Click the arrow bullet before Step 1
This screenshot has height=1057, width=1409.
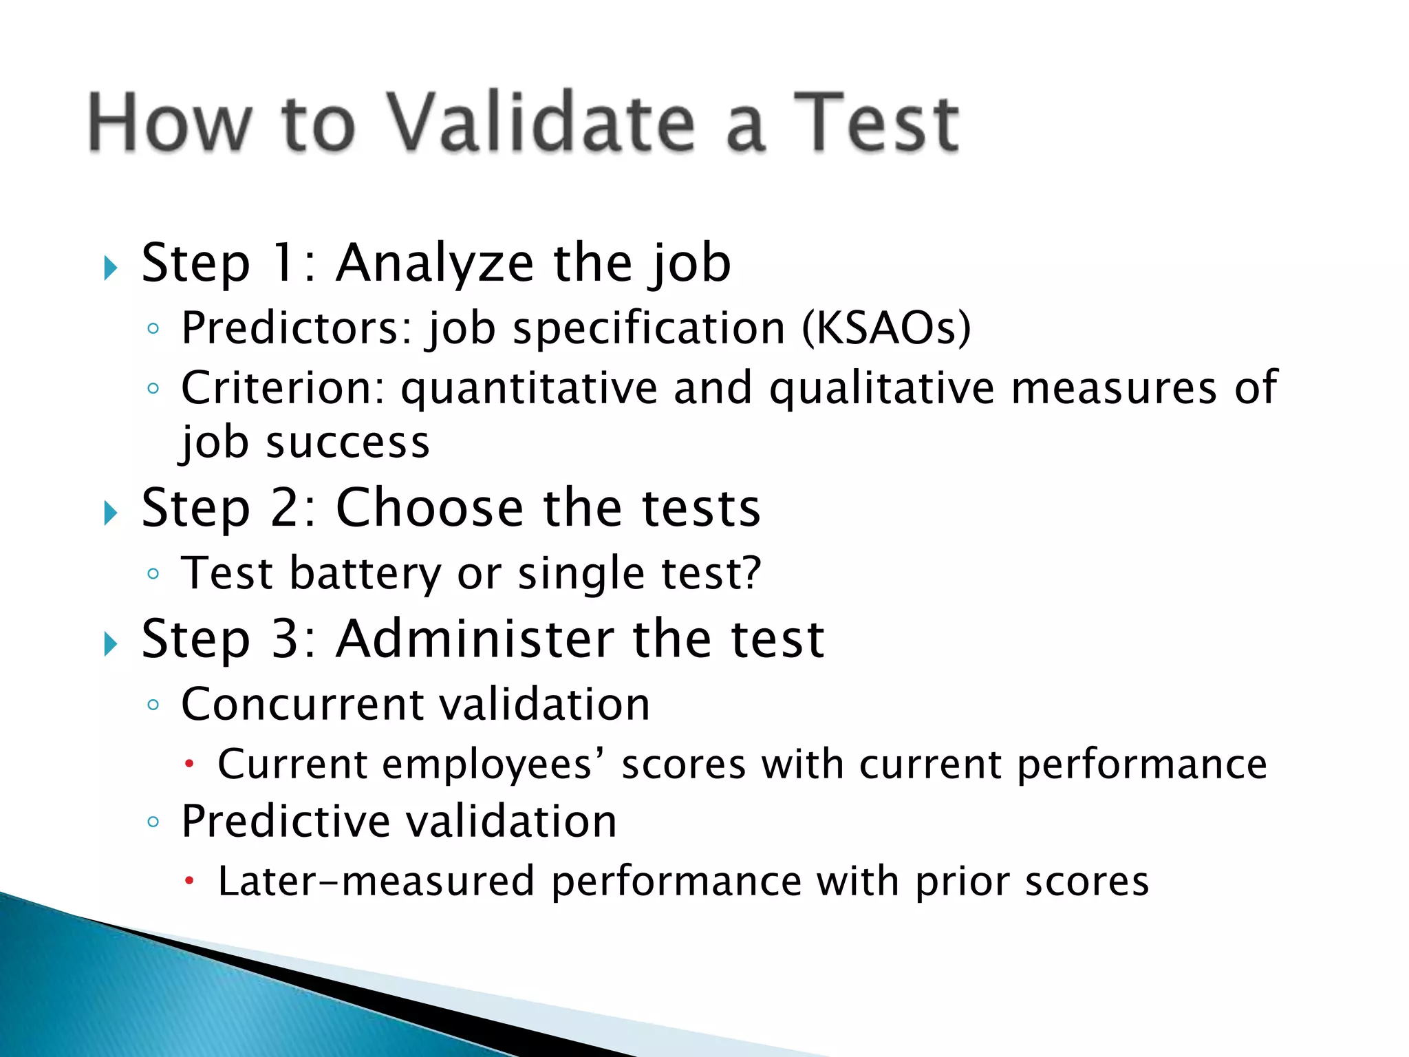[x=110, y=268]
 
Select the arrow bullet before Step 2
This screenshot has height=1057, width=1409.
[x=110, y=513]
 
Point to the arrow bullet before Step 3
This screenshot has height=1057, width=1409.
[x=110, y=644]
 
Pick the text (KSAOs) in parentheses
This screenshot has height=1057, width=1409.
[x=886, y=328]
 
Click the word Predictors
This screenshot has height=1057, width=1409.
[x=296, y=328]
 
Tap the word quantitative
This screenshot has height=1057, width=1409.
[x=529, y=388]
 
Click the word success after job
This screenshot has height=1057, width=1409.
[x=348, y=442]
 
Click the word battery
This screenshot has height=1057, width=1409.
[x=365, y=573]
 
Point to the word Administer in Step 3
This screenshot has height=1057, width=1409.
[x=475, y=639]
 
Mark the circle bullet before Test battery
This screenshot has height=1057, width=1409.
[x=153, y=573]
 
